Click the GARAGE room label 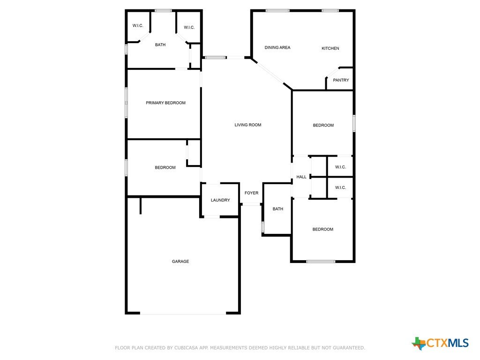180,262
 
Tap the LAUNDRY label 220,200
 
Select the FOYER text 251,193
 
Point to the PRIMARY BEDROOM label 165,103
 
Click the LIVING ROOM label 247,125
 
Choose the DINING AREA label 277,47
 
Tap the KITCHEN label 330,48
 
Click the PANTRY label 341,80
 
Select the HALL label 301,177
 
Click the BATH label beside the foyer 277,209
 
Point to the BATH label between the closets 160,45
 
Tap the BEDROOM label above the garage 165,167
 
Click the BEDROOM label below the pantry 323,125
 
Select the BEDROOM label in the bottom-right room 322,229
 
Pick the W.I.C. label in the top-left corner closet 138,26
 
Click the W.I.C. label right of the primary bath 189,28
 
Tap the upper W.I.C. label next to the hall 340,167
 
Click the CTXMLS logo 440,343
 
